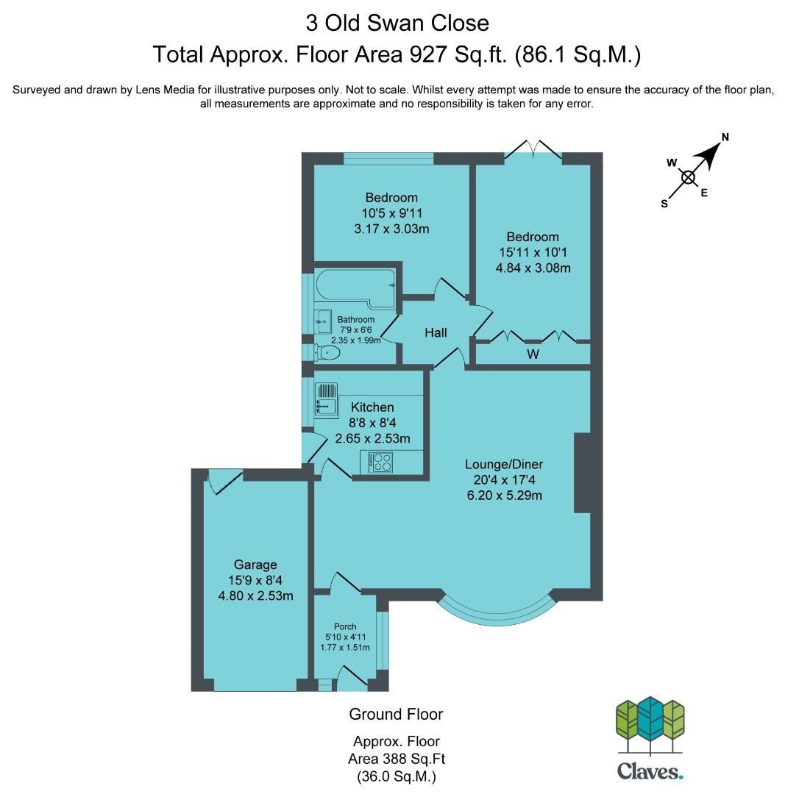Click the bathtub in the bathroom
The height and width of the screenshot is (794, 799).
pos(355,287)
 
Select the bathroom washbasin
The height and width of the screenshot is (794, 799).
pos(322,321)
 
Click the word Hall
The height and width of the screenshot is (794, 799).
pos(436,333)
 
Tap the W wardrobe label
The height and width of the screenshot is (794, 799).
pos(533,354)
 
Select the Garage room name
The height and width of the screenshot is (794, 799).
pos(255,565)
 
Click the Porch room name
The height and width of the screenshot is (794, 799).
pos(345,626)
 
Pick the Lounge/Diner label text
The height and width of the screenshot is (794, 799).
pos(504,464)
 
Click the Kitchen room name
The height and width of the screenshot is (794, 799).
pos(372,407)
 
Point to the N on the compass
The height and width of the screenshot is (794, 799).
pos(725,137)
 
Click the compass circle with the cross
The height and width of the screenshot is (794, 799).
pos(689,177)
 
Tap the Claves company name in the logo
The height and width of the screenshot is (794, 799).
pos(650,771)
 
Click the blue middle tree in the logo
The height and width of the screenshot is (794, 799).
pos(650,718)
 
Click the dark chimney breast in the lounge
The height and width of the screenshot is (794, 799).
pos(583,473)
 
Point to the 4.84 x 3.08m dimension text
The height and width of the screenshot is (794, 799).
pos(533,268)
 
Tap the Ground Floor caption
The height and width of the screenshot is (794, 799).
pos(396,714)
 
